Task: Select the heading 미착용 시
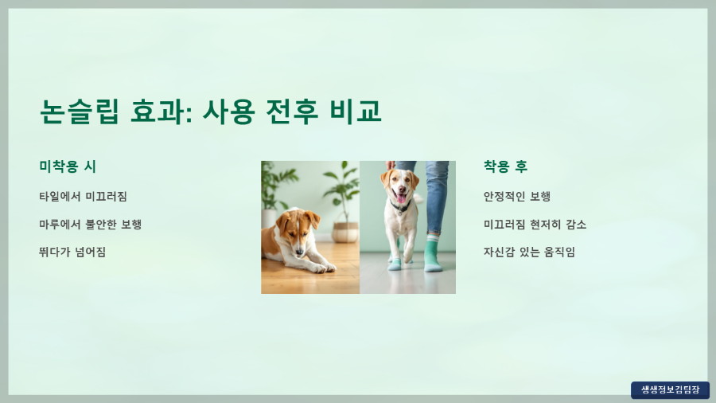pyautogui.click(x=68, y=166)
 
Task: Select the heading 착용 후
pyautogui.click(x=505, y=166)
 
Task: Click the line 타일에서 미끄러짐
pyautogui.click(x=83, y=196)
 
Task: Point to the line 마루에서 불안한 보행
pyautogui.click(x=90, y=224)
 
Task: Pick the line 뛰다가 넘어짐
pyautogui.click(x=72, y=252)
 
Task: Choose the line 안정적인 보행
pyautogui.click(x=517, y=196)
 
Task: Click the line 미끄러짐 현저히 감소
pyautogui.click(x=535, y=224)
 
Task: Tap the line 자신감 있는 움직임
pyautogui.click(x=529, y=252)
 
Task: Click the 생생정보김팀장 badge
pyautogui.click(x=670, y=389)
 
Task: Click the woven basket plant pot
pyautogui.click(x=345, y=232)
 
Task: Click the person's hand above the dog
pyautogui.click(x=391, y=165)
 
